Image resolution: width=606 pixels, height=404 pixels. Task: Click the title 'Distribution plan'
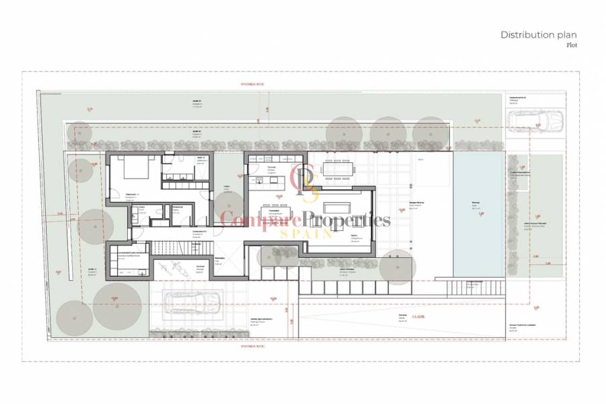click(538, 35)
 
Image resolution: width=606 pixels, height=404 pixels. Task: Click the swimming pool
click(477, 213)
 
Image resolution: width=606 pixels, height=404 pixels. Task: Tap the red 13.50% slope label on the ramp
click(418, 316)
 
